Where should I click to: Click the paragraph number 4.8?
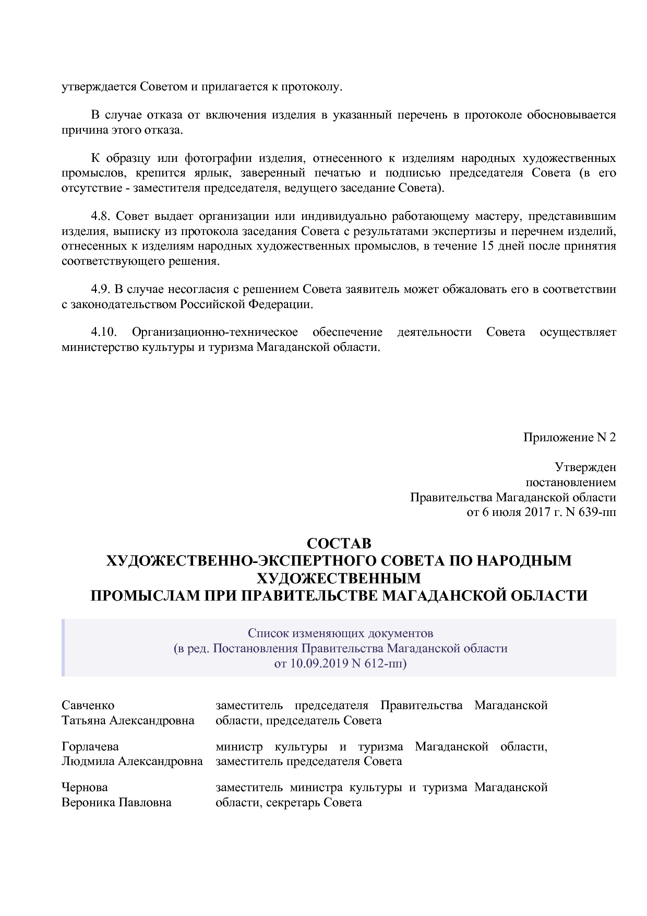(x=101, y=216)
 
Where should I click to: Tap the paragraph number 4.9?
(x=101, y=289)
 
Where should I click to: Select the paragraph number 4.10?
(x=103, y=332)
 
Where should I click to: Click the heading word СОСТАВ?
(x=339, y=543)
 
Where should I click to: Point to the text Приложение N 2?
(x=569, y=437)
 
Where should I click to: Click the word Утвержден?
(x=585, y=467)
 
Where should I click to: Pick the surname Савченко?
(x=88, y=706)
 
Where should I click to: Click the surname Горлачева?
(x=90, y=747)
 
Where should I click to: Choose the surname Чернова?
(x=85, y=787)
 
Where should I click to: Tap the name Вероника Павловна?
(x=116, y=802)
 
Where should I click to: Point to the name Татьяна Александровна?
(x=128, y=721)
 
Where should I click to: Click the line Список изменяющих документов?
(x=340, y=633)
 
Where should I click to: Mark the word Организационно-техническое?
(x=215, y=332)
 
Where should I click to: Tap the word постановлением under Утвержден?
(x=570, y=482)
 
